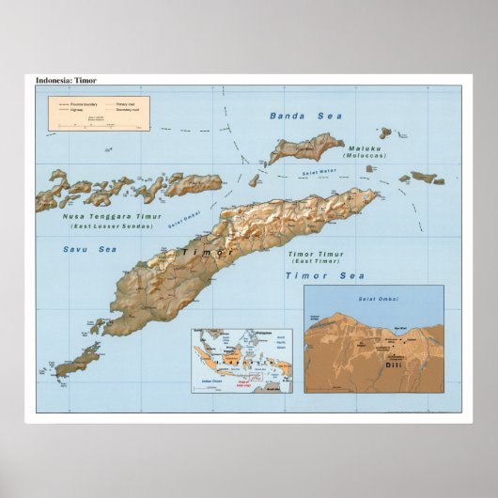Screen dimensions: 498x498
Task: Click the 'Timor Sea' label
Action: (325, 275)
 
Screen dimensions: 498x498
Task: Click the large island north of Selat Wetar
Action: (306, 148)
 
